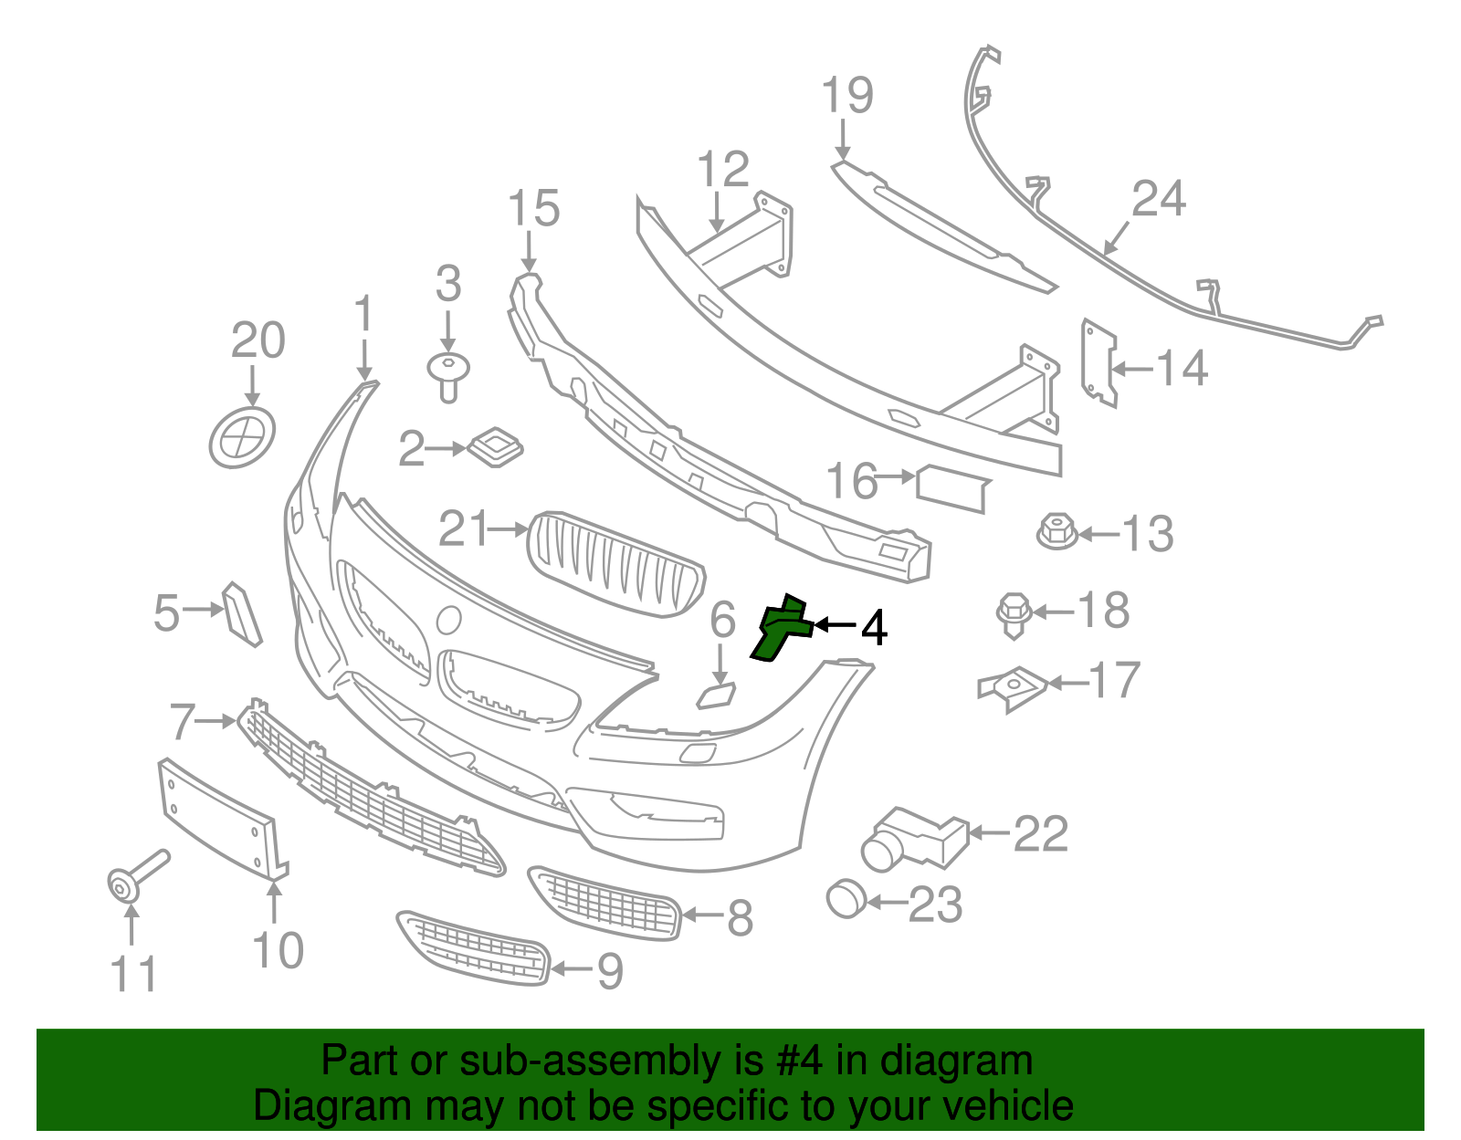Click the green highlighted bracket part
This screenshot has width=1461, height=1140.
[x=779, y=629]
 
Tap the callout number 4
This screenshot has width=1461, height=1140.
[x=874, y=628]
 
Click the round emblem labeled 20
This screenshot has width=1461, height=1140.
[x=242, y=438]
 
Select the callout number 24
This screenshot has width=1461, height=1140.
[x=1159, y=199]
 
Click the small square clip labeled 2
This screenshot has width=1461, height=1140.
[x=495, y=447]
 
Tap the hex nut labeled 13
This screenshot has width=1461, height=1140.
[x=1057, y=532]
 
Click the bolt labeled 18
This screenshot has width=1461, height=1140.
[x=1014, y=614]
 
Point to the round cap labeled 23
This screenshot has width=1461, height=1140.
[x=846, y=898]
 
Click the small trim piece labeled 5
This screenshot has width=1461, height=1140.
[x=242, y=613]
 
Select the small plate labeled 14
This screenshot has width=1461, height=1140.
[x=1098, y=363]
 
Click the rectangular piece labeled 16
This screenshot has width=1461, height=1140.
[x=951, y=488]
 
